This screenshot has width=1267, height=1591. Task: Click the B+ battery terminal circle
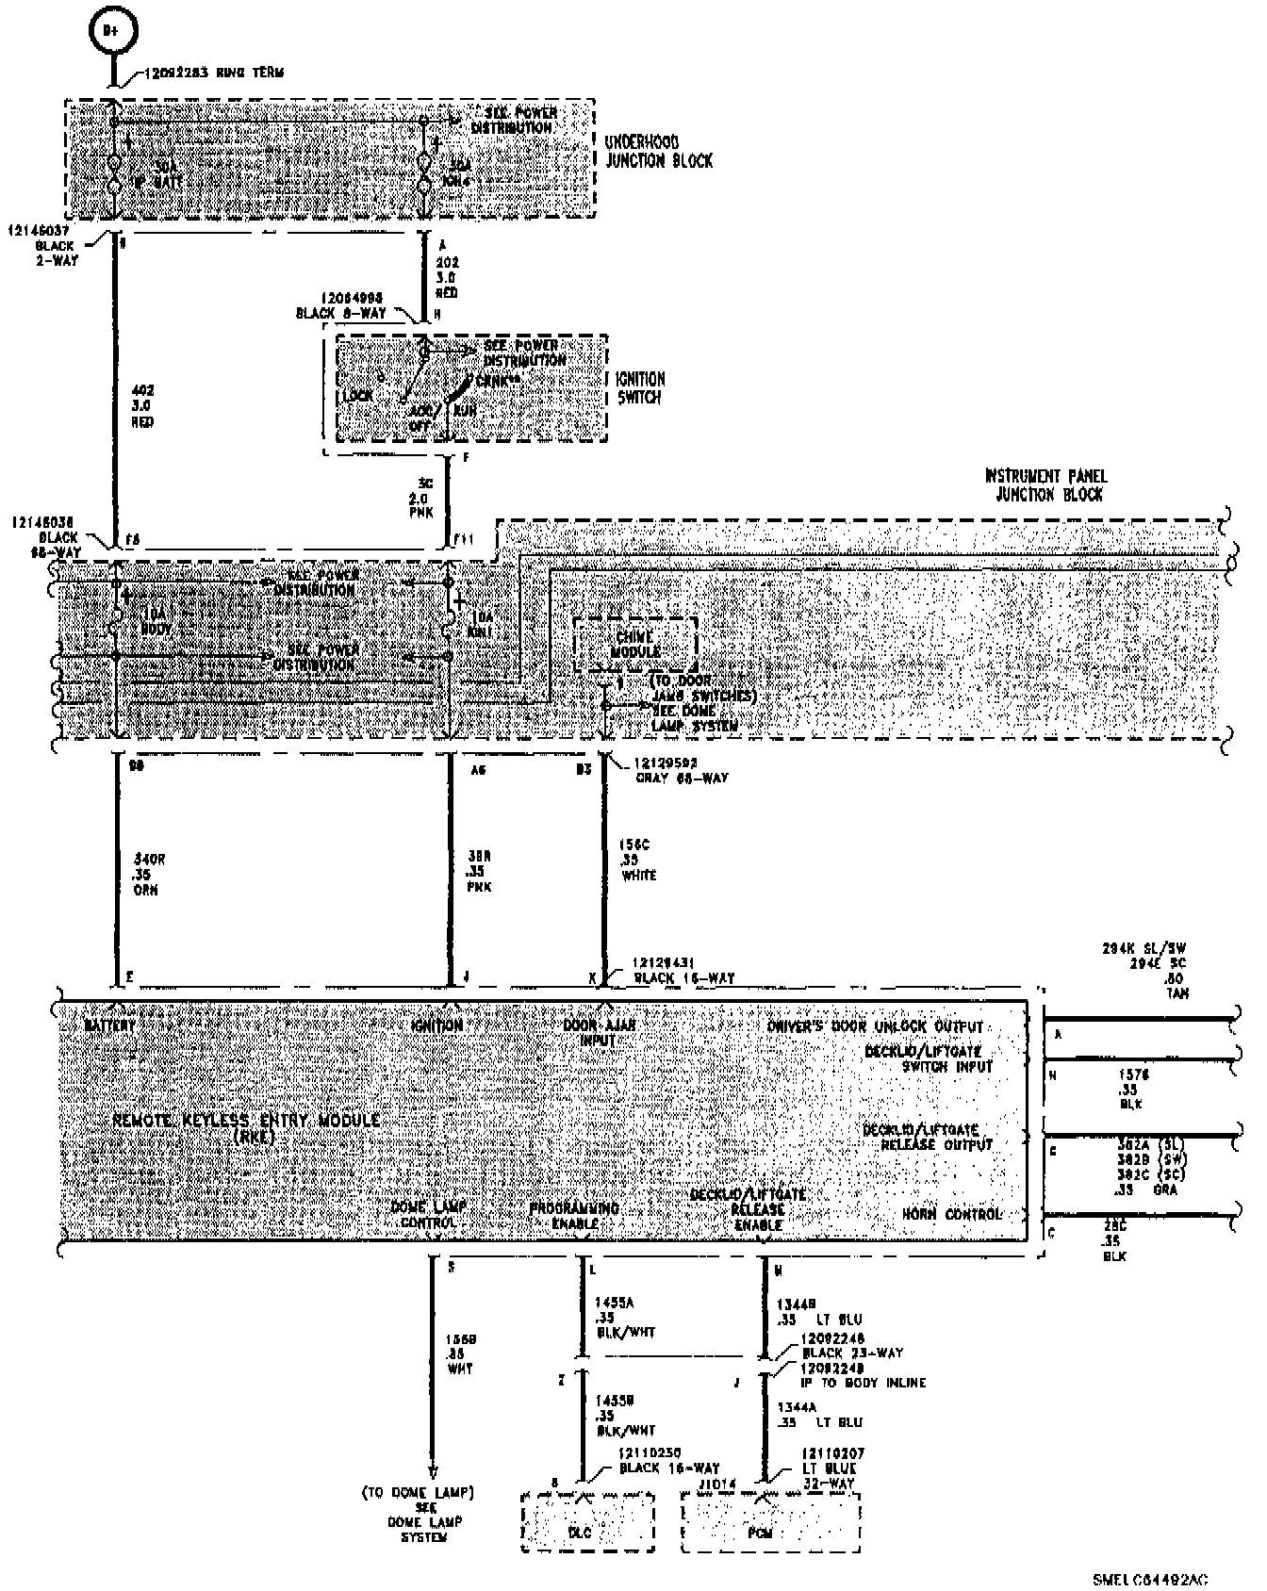(111, 31)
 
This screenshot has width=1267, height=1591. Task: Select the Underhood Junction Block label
(658, 152)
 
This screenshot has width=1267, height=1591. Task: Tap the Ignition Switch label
(640, 387)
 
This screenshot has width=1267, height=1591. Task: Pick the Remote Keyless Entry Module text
(246, 1125)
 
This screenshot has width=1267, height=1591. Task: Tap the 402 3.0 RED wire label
(143, 405)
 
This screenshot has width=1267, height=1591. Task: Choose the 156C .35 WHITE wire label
(640, 861)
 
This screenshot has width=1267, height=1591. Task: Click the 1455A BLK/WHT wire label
(624, 1318)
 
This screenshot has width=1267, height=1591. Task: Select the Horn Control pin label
(951, 1214)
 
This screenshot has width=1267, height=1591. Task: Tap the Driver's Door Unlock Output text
(875, 1026)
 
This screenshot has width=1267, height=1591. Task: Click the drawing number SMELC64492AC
(1150, 1579)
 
